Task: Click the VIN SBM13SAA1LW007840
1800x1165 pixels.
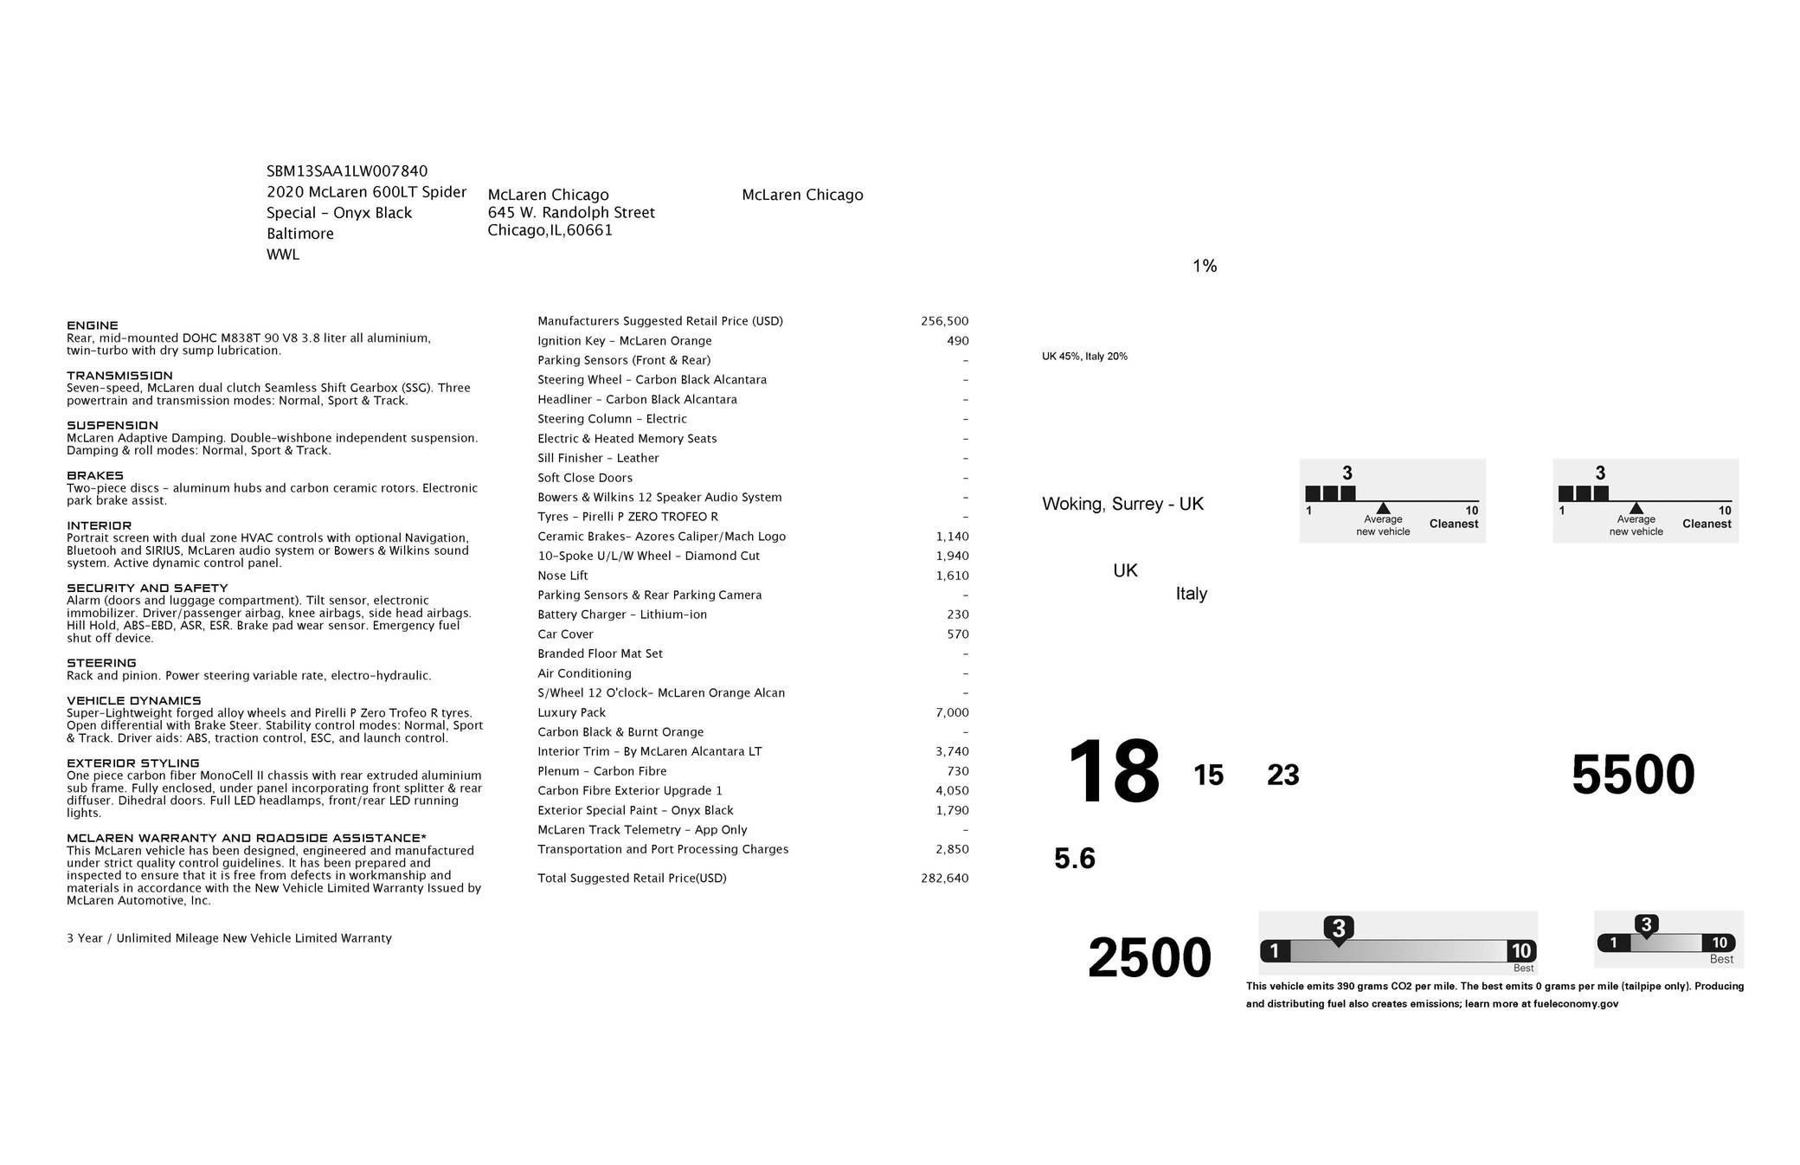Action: click(x=346, y=171)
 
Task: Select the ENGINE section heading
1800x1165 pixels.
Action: click(x=93, y=325)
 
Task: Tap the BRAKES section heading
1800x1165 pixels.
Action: click(x=95, y=475)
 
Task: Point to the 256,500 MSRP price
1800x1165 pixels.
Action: click(x=944, y=321)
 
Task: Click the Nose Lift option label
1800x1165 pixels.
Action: click(x=562, y=576)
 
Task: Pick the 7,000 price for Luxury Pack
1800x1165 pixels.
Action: click(x=952, y=712)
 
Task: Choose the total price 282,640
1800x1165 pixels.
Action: click(x=944, y=879)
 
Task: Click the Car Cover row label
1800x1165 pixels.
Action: click(x=565, y=634)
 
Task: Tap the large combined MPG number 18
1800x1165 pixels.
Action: click(x=1113, y=771)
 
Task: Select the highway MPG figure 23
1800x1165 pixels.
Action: click(x=1282, y=776)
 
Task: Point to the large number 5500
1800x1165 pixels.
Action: click(x=1632, y=775)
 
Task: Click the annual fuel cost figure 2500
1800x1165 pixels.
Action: click(x=1149, y=958)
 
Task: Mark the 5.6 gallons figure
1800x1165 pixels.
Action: click(x=1074, y=859)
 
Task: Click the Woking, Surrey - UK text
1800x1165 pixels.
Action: click(x=1122, y=504)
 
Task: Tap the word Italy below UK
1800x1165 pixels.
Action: click(x=1191, y=594)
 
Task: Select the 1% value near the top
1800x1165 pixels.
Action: click(x=1205, y=267)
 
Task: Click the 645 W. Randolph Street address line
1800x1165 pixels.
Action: click(x=571, y=213)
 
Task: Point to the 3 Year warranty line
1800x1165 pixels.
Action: click(x=229, y=938)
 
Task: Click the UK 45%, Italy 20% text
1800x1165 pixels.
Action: click(x=1084, y=357)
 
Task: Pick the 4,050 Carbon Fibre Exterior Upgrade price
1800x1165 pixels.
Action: click(x=952, y=791)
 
